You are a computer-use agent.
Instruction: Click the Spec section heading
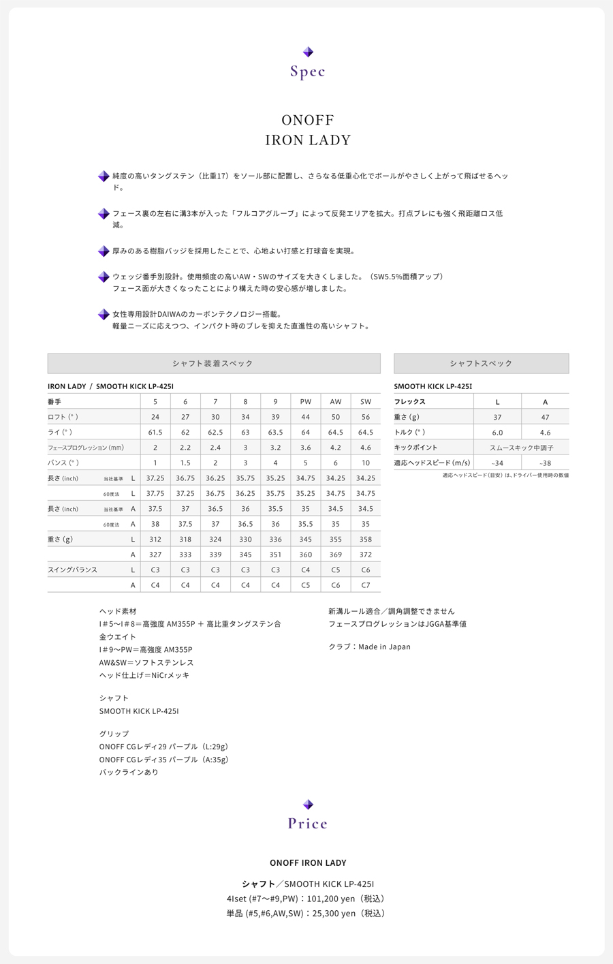coord(308,72)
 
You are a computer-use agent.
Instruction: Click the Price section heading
coord(308,824)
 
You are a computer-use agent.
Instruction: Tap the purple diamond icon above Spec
coord(308,52)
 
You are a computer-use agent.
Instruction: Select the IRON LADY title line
coord(308,140)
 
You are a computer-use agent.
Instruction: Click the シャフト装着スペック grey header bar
coord(214,364)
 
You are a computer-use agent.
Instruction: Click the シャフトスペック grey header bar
coord(481,364)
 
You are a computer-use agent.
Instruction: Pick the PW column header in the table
coord(306,402)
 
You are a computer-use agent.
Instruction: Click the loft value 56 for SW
coord(366,417)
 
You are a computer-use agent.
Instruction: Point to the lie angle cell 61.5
coord(155,433)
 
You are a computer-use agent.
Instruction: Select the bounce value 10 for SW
coord(366,463)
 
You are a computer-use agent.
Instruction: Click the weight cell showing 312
coord(155,540)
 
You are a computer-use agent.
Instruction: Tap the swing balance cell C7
coord(366,585)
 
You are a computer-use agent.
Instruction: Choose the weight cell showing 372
coord(366,555)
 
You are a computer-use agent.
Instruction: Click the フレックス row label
coord(410,402)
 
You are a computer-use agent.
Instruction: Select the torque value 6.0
coord(497,433)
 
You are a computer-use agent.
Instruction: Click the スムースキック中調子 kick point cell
coord(521,448)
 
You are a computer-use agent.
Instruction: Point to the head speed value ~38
coord(545,463)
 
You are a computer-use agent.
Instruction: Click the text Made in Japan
coord(385,647)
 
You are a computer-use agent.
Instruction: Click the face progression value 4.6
coord(366,448)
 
